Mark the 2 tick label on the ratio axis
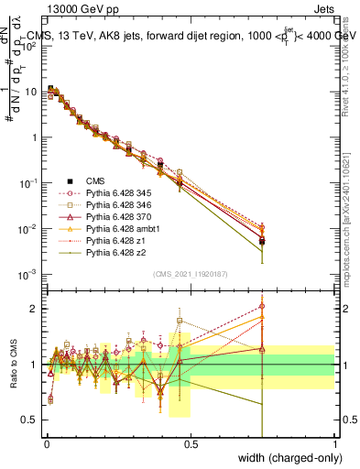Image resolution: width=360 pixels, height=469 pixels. pos(35,309)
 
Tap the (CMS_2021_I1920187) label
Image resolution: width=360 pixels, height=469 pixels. pos(191,274)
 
